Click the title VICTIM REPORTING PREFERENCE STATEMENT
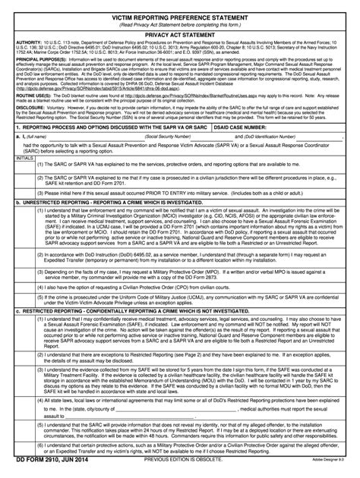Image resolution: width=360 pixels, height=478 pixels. coord(179,14)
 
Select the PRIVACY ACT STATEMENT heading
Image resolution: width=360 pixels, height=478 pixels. coord(179,34)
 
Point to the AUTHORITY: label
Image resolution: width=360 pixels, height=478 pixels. coord(29,42)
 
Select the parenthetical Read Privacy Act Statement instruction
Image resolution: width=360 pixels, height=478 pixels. coord(179,23)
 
